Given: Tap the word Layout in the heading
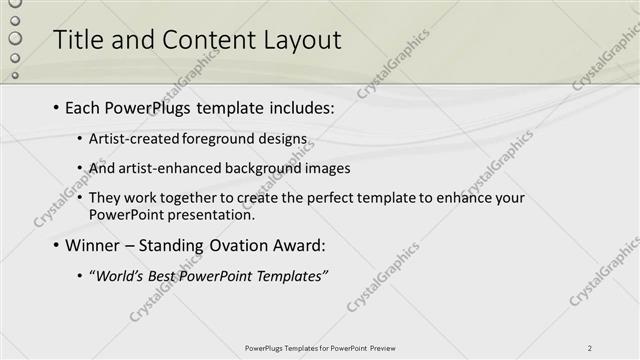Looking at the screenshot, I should (x=299, y=40).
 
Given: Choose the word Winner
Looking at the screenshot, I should (x=92, y=245).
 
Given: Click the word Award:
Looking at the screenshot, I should (x=297, y=245).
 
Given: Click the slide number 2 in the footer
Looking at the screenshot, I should (x=590, y=348).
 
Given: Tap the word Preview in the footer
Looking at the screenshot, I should (x=382, y=348).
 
